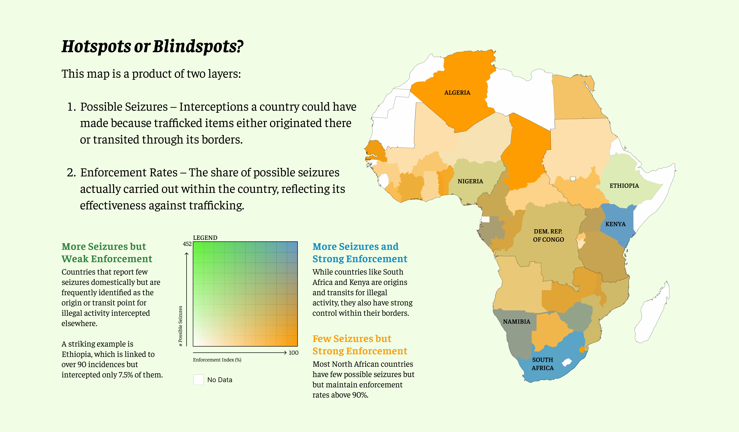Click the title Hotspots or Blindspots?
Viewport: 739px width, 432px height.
152,46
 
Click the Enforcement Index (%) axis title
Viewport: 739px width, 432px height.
217,360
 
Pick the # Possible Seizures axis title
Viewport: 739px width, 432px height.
181,326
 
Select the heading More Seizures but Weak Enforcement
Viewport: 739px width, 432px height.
107,253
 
